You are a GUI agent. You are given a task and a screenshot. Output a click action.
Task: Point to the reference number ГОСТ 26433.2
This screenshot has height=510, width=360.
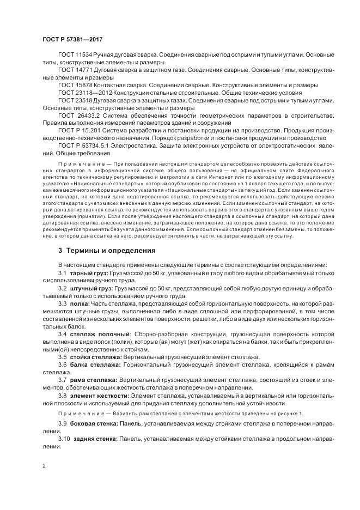point(78,116)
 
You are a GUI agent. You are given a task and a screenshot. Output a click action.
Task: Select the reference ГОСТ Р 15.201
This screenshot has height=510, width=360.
point(78,131)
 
